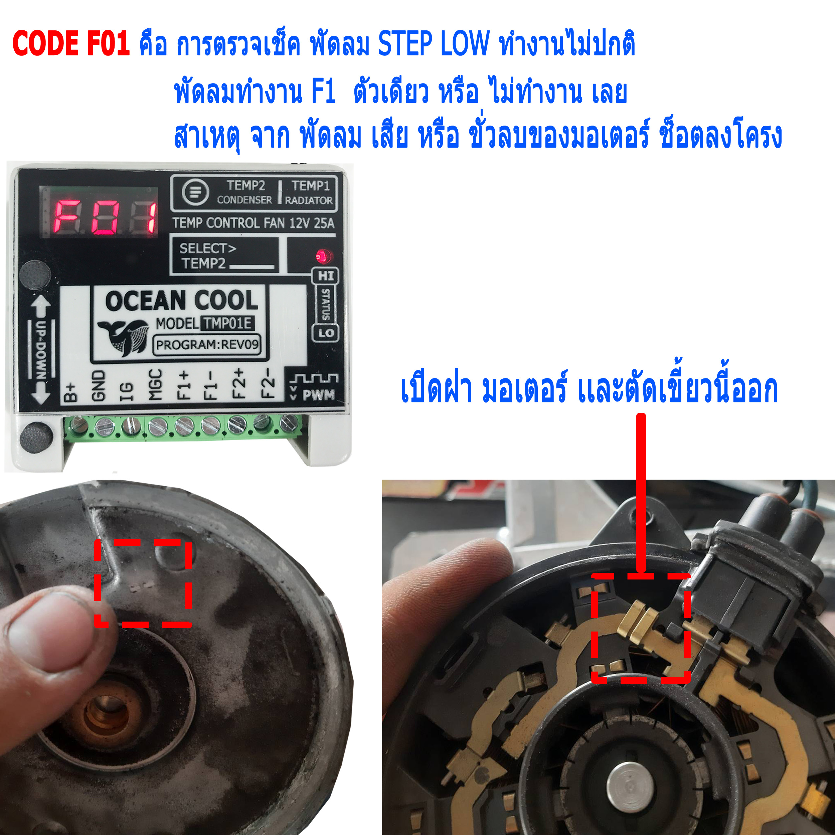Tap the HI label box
coord(325,276)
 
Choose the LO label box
coord(325,332)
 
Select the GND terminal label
coord(99,385)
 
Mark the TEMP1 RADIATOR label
coord(310,193)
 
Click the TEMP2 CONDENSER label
coord(244,193)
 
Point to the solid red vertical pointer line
coord(641,493)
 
